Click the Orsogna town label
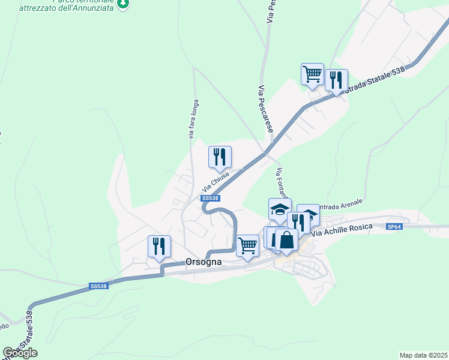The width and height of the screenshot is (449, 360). (203, 262)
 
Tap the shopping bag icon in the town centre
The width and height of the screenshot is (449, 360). (287, 240)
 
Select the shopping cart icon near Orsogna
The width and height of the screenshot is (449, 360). (248, 245)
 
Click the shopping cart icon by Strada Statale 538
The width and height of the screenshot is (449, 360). (312, 74)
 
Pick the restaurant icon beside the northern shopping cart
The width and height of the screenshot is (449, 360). (336, 80)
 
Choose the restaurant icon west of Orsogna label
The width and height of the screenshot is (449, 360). (159, 246)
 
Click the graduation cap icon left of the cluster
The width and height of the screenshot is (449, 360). (280, 209)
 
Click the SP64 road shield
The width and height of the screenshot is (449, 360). (394, 227)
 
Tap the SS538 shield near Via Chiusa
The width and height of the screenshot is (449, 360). (210, 198)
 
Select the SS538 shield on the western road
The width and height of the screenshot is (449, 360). (98, 287)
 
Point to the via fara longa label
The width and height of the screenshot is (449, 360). (193, 119)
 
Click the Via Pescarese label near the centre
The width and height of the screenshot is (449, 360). (265, 109)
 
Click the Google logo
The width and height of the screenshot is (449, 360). (20, 353)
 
